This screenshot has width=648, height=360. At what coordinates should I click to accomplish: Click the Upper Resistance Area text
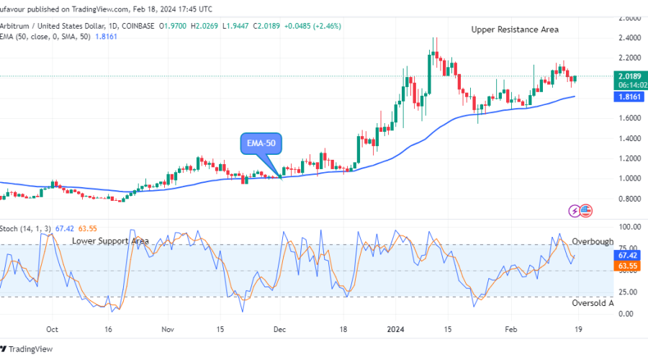point(515,30)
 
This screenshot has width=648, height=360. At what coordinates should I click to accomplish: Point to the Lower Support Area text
point(110,240)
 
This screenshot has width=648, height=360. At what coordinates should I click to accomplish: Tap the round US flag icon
point(585,210)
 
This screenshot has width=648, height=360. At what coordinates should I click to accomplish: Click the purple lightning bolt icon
point(575,211)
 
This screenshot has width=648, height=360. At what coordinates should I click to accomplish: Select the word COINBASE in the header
point(139,26)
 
